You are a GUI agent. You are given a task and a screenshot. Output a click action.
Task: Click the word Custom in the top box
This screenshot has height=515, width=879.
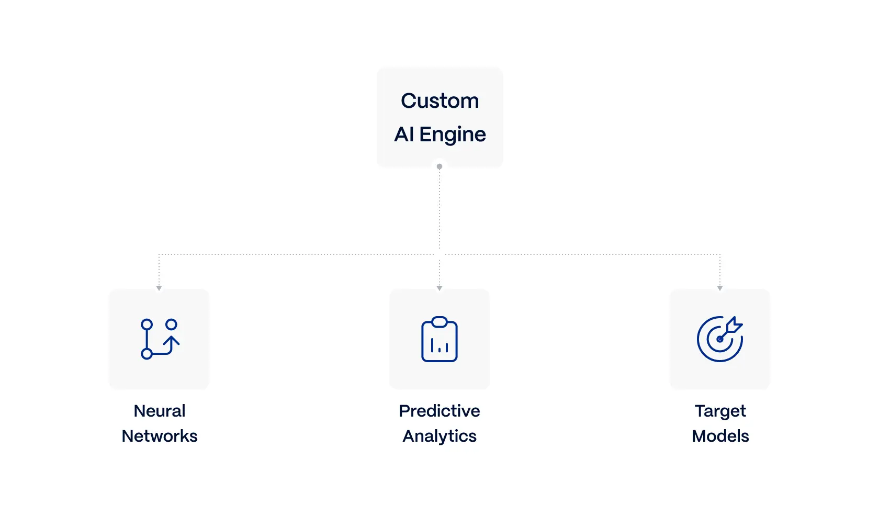[440, 101]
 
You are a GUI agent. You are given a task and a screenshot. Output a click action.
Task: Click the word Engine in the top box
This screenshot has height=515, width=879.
[453, 135]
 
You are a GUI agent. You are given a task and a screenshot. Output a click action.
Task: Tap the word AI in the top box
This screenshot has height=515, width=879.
[404, 134]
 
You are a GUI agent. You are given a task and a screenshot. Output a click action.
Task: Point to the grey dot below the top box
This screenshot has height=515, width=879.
[439, 167]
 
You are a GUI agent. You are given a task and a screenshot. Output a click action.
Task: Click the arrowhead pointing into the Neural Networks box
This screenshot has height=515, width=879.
[159, 288]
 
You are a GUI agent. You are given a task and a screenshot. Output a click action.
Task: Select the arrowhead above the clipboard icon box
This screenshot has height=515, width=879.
[439, 288]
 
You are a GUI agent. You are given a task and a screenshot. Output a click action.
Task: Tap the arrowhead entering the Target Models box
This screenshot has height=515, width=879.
[720, 288]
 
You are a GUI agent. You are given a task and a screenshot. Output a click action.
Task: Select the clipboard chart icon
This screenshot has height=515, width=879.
[439, 339]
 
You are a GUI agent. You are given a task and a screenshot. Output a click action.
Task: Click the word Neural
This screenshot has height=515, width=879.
[159, 411]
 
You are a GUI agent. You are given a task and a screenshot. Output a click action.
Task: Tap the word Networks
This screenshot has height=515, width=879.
[159, 436]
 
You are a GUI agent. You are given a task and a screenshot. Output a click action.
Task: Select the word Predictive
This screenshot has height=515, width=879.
[439, 411]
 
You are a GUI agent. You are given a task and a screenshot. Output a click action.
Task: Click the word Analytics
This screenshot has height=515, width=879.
[439, 436]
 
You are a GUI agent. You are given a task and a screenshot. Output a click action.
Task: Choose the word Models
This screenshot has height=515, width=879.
[720, 436]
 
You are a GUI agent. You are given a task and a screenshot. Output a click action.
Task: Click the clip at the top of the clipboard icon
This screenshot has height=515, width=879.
[439, 322]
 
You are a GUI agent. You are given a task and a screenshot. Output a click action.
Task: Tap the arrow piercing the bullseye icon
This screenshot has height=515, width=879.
[730, 329]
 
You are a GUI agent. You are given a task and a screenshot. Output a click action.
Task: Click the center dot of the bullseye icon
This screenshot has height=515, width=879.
[720, 340]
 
